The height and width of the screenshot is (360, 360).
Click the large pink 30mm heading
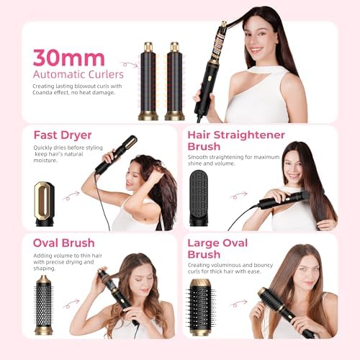pyautogui.click(x=68, y=58)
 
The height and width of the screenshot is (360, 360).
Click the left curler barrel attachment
pyautogui.click(x=148, y=81)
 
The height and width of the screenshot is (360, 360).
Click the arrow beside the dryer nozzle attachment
pyautogui.click(x=71, y=195)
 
